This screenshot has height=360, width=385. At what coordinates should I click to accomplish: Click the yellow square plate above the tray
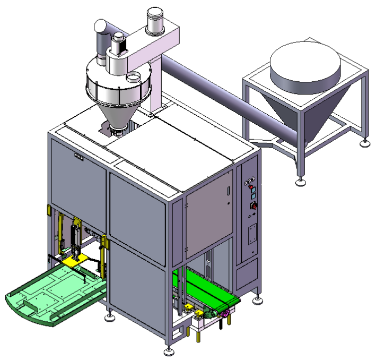point(72,261)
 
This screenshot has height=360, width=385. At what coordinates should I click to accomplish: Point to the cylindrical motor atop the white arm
point(154,20)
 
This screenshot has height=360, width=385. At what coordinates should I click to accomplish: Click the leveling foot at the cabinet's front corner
point(169,351)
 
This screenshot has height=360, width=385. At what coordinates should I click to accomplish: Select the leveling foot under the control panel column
point(258,301)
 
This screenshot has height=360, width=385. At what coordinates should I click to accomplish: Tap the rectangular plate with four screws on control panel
point(253,233)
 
